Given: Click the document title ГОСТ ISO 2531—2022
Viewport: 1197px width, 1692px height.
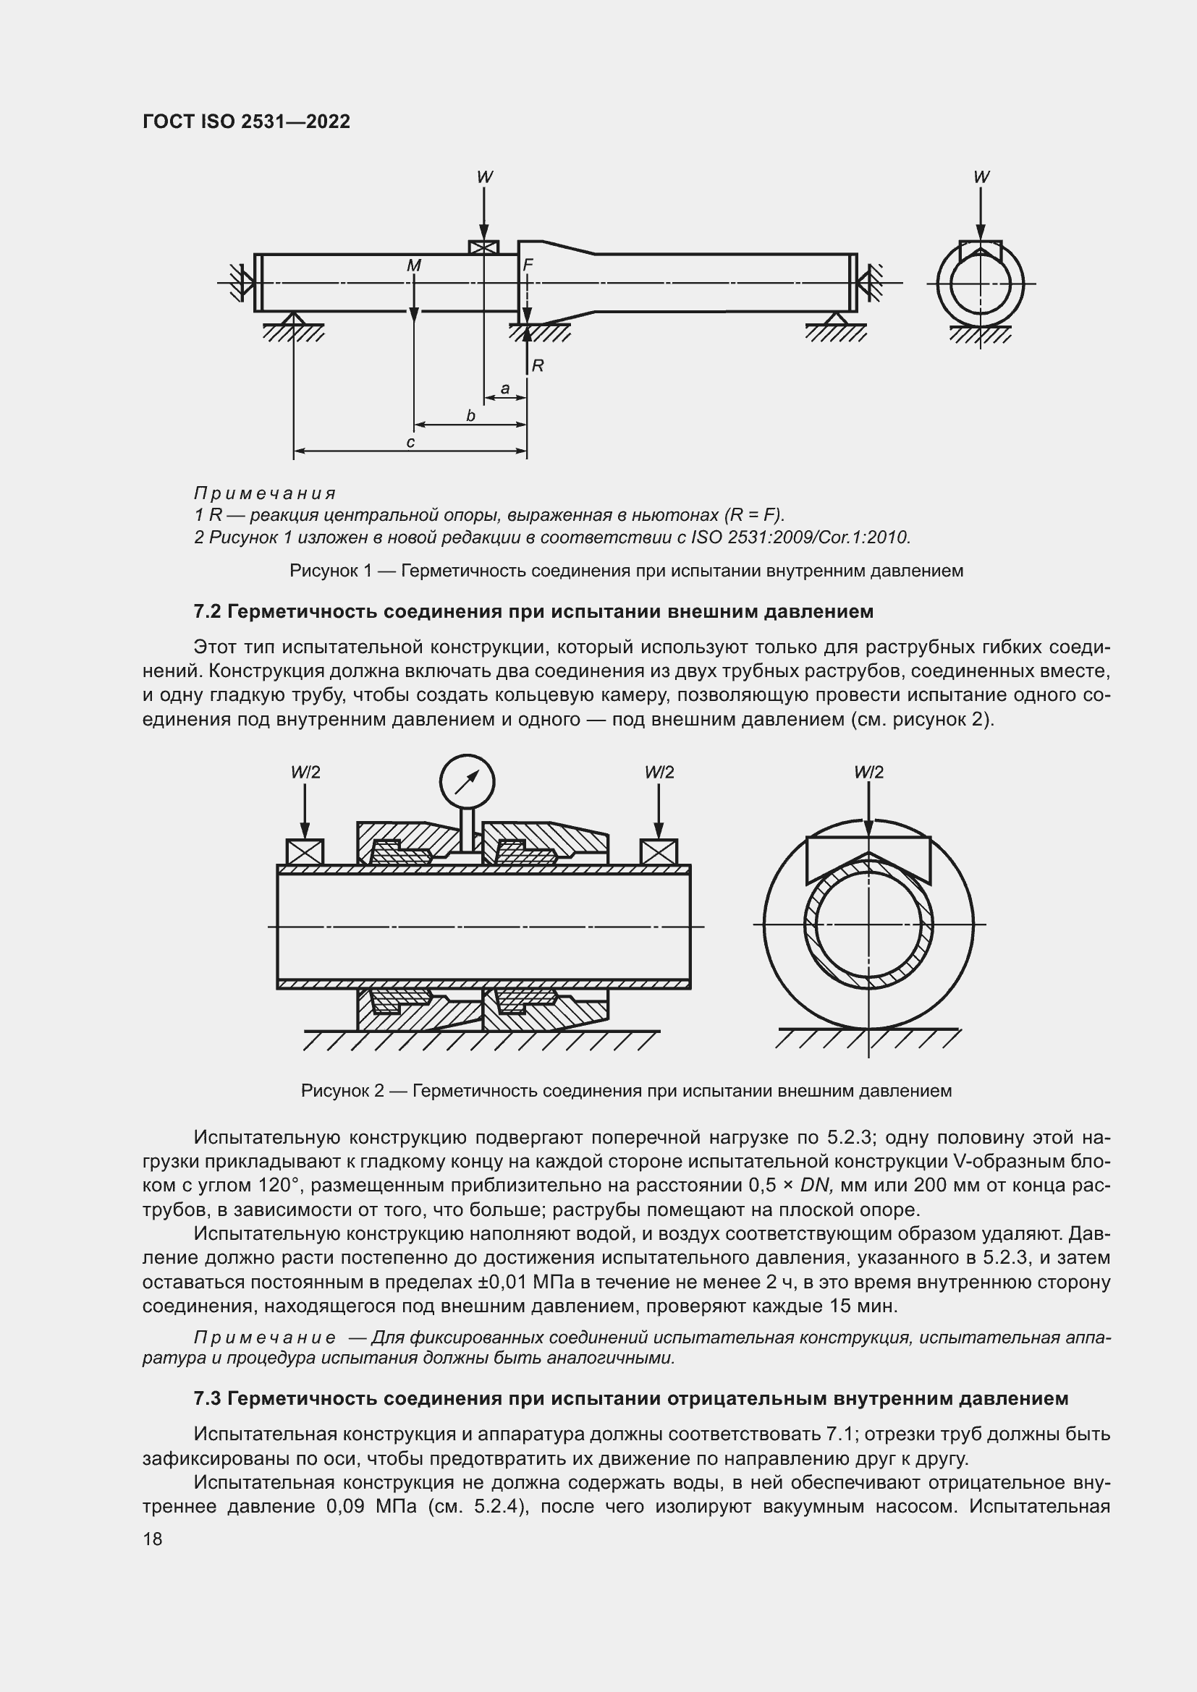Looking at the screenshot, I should (x=246, y=122).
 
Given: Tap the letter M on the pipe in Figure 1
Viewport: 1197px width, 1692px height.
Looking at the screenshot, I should (x=413, y=265).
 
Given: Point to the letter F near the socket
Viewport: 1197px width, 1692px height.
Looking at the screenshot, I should (x=528, y=265).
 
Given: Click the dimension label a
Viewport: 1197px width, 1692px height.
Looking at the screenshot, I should (x=505, y=388).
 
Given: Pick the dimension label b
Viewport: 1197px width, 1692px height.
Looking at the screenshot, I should (x=470, y=416).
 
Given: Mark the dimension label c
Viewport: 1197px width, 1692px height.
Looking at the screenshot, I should (x=410, y=442).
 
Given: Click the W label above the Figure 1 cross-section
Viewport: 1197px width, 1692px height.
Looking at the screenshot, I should (x=981, y=177).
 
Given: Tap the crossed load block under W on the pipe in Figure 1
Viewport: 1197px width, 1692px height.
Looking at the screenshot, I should (x=483, y=247).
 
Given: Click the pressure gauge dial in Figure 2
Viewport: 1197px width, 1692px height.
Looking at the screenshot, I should (x=467, y=781).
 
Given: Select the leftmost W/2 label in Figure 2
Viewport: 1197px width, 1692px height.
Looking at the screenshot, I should (x=305, y=773).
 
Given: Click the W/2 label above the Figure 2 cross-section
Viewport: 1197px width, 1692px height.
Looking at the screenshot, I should (x=868, y=773).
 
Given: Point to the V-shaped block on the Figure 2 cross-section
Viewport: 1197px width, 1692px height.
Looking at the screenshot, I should (x=868, y=855).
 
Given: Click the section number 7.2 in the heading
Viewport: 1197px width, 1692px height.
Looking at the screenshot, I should (x=208, y=612).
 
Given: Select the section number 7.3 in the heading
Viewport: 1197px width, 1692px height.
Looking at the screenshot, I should (x=208, y=1399).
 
